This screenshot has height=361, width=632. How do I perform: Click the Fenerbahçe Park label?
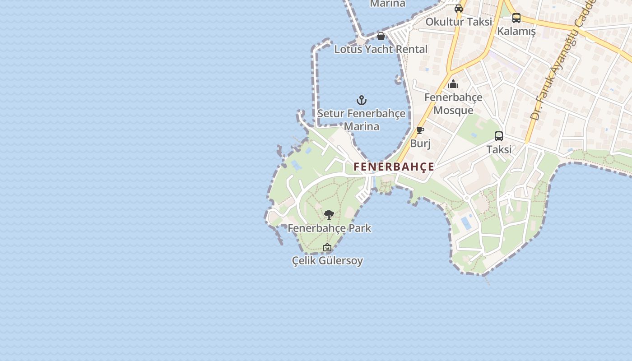[330, 228]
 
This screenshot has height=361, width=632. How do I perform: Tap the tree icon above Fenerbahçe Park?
[329, 214]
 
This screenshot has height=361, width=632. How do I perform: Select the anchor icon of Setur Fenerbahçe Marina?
[362, 100]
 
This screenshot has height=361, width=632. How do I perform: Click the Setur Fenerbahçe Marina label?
[362, 120]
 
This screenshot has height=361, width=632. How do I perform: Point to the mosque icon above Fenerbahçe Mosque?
[453, 84]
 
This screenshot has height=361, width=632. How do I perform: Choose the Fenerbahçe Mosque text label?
[453, 104]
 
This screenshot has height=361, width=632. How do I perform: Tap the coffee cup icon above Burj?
[420, 130]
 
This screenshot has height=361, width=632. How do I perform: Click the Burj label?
[420, 143]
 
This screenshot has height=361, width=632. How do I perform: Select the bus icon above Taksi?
[499, 136]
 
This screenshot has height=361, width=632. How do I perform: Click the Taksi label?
[499, 149]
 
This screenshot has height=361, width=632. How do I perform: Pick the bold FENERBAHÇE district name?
[394, 167]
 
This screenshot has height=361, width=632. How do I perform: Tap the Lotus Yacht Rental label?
[381, 49]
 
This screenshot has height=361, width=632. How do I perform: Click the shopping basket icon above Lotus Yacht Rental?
[381, 36]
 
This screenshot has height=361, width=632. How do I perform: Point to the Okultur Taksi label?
[459, 22]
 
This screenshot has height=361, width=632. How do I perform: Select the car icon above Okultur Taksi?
[459, 8]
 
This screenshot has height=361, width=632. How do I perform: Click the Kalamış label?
[516, 31]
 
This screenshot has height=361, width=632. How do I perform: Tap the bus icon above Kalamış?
[516, 18]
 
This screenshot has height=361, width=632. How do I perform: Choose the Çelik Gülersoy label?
[327, 261]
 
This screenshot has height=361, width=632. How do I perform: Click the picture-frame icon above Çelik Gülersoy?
[327, 247]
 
